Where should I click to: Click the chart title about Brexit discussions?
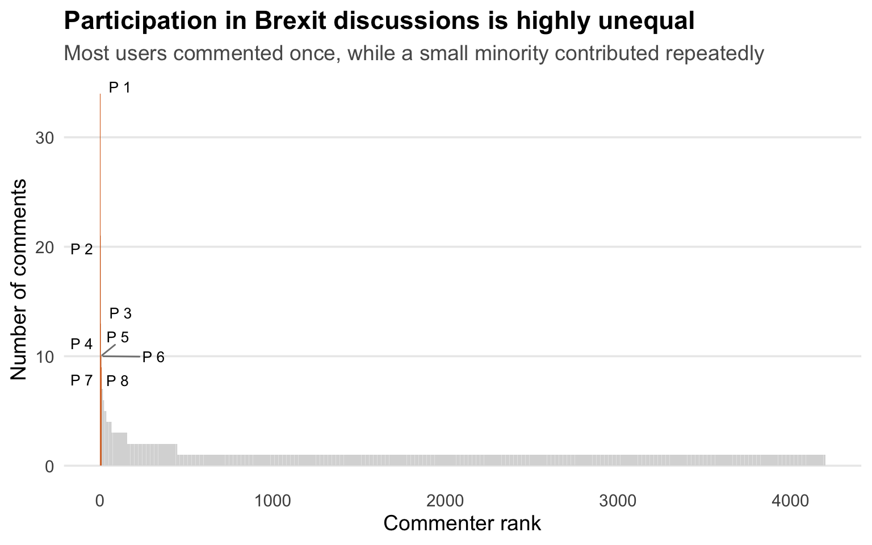(x=379, y=21)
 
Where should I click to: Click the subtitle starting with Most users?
(x=414, y=53)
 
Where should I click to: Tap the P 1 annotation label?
(x=120, y=87)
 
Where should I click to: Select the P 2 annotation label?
(x=81, y=249)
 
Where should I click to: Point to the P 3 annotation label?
(x=120, y=313)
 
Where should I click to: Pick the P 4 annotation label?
(x=81, y=344)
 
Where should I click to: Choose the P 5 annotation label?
(x=118, y=337)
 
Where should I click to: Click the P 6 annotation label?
(x=153, y=357)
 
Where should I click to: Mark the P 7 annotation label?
(x=81, y=380)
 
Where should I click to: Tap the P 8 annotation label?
(x=118, y=381)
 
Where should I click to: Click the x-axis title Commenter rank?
(x=462, y=523)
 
